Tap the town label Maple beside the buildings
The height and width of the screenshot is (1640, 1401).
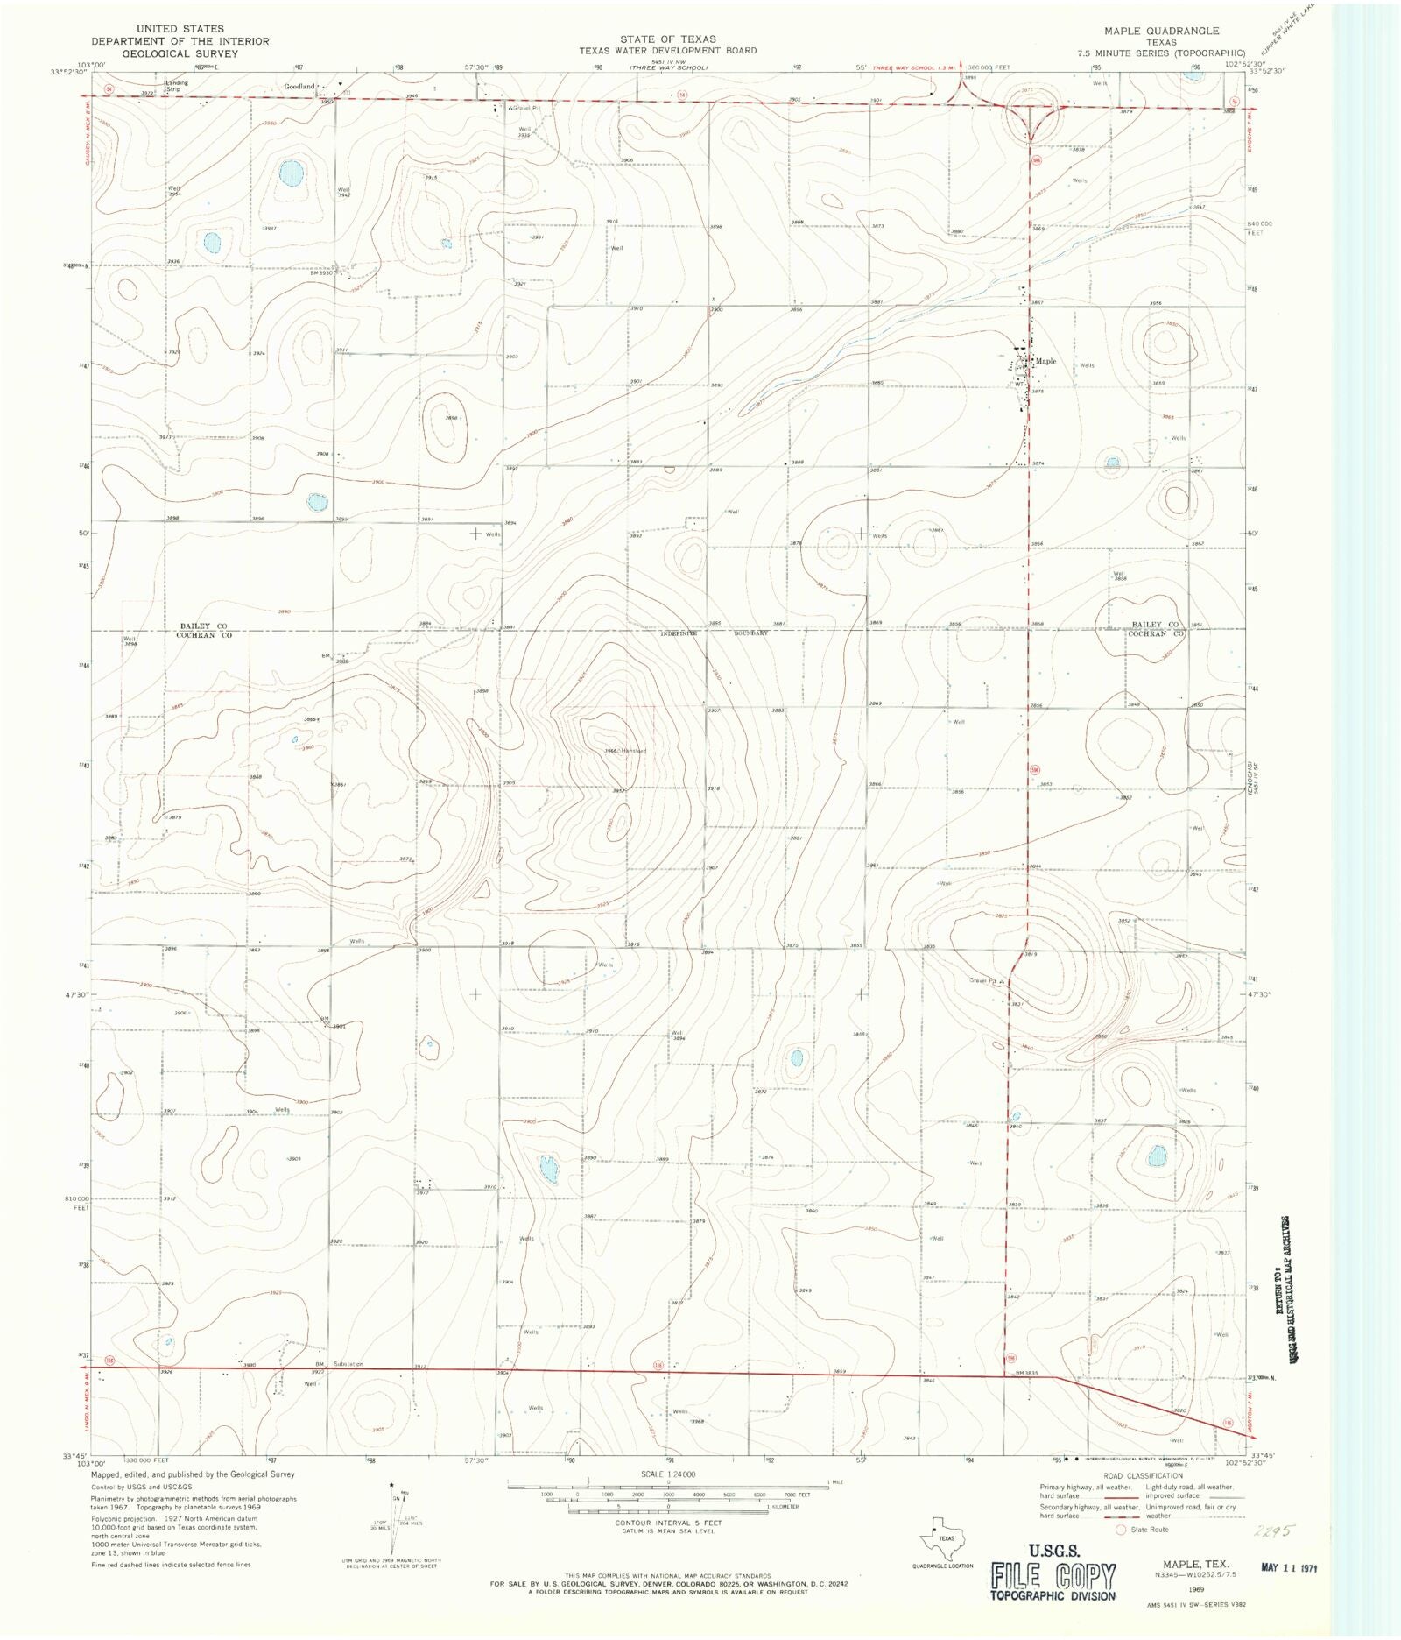point(1045,361)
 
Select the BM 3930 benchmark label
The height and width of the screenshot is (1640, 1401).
point(324,273)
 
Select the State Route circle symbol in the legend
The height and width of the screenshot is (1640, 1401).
point(1119,1530)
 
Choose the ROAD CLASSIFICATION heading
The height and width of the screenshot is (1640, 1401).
point(1143,1475)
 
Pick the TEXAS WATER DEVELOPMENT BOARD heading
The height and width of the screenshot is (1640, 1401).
point(667,51)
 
